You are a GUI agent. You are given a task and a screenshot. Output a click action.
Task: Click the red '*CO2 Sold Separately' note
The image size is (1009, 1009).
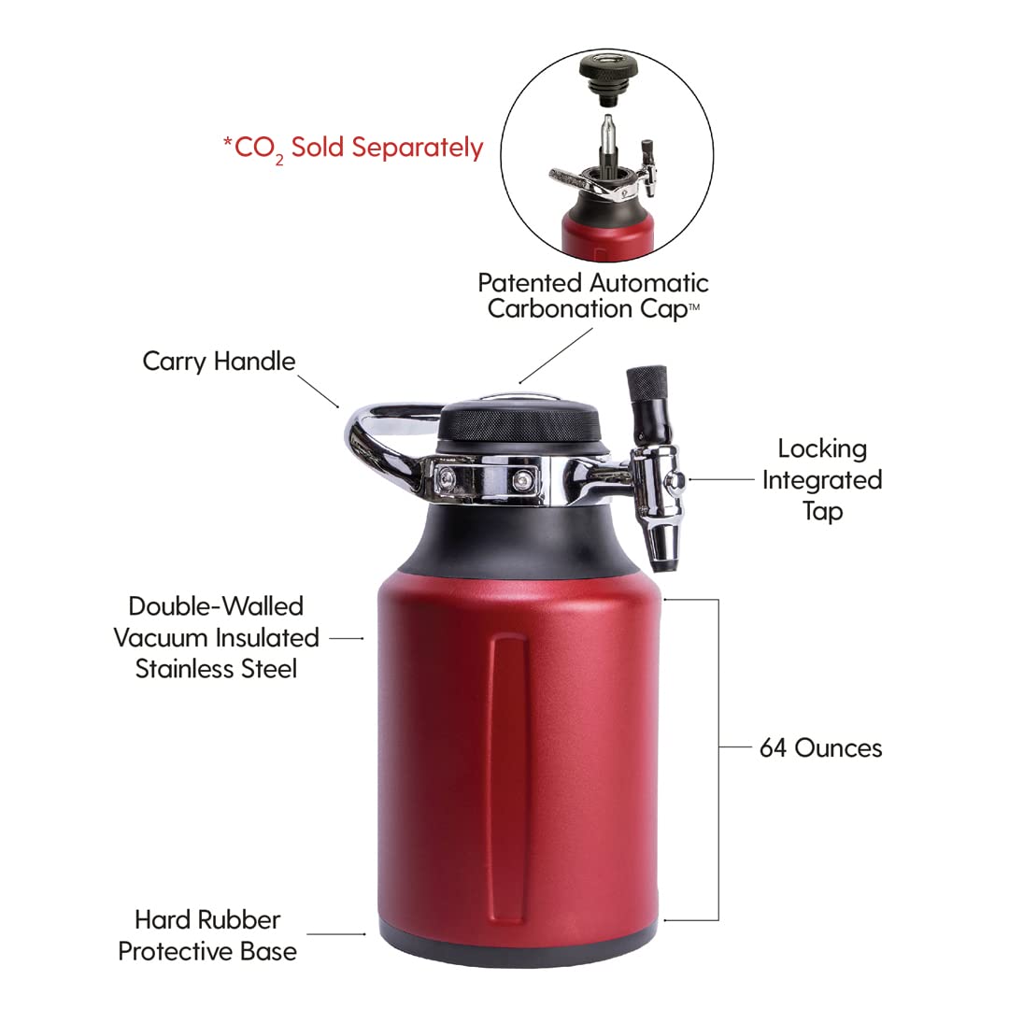coord(352,148)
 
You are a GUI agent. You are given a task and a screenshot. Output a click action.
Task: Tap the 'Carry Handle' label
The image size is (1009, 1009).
coord(219,361)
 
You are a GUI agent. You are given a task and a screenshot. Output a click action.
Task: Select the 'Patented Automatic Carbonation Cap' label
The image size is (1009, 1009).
coord(592,295)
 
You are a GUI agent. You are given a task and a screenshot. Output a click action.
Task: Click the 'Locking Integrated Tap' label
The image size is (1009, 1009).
coord(821,479)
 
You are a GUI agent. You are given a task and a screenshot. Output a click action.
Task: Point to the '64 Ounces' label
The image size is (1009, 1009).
coord(820,747)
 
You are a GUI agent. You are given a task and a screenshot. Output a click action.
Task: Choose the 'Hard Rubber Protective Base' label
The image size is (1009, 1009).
coord(207,936)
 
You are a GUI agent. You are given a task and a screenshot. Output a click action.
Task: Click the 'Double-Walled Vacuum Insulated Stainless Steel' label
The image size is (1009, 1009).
coord(217,637)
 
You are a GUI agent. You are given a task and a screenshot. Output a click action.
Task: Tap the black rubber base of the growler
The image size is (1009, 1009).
coord(519,951)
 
